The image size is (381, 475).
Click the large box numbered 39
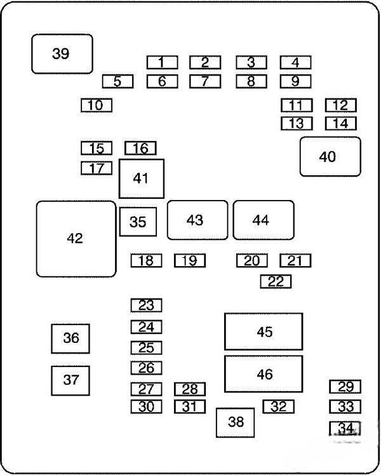click(x=62, y=53)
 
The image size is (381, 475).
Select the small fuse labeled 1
click(x=163, y=62)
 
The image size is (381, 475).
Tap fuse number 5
click(x=117, y=81)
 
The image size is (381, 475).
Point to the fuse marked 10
click(x=97, y=105)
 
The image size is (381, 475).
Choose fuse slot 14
click(x=341, y=124)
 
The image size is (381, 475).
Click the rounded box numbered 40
click(x=330, y=157)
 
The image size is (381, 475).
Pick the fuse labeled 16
click(x=140, y=148)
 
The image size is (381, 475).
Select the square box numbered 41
click(x=142, y=178)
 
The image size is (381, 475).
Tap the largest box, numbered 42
click(x=76, y=239)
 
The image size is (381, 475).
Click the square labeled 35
click(x=138, y=222)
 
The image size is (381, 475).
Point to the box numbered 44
click(x=264, y=220)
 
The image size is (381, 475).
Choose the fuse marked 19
click(x=190, y=260)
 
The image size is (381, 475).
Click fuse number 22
click(x=276, y=281)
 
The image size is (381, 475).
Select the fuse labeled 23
click(x=146, y=305)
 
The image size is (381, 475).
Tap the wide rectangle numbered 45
click(x=264, y=331)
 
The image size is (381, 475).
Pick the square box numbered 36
click(x=70, y=338)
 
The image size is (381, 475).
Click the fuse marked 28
click(x=190, y=389)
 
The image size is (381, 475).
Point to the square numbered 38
click(x=236, y=422)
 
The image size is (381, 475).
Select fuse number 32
click(x=278, y=406)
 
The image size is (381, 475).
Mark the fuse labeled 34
click(x=345, y=428)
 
